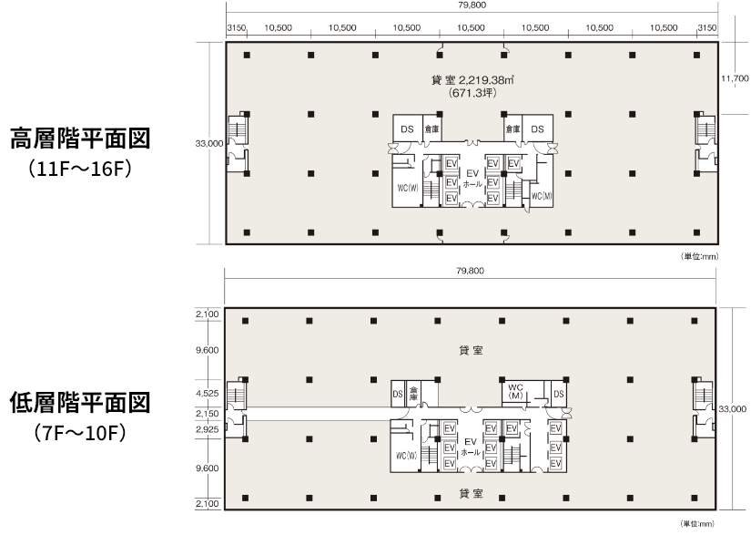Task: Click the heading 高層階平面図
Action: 80,139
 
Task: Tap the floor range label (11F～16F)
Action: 80,170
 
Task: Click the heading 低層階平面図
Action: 80,403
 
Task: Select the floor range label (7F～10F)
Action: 80,433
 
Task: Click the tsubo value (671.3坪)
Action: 472,93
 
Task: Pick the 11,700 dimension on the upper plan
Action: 735,78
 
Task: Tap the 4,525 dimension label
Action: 207,394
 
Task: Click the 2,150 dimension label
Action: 207,414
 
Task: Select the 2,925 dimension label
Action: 207,429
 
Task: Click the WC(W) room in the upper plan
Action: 408,189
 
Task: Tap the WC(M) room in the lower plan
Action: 516,391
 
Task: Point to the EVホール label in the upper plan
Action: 472,179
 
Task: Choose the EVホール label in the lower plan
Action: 471,447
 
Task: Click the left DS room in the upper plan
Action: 407,129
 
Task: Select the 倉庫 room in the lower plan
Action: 413,394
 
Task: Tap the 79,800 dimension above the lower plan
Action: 471,271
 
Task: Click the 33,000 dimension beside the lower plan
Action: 732,409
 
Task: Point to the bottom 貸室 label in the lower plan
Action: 472,493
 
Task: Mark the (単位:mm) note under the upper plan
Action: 700,256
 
